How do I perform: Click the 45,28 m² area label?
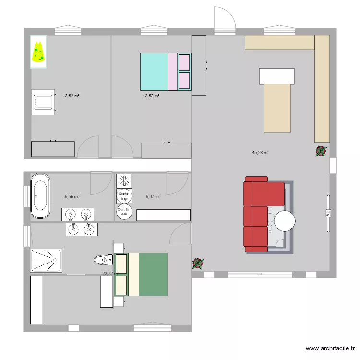(260, 153)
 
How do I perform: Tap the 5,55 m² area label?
(72, 196)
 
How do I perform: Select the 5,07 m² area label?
(153, 196)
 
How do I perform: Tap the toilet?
(102, 260)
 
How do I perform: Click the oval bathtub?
(40, 196)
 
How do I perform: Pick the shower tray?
(46, 261)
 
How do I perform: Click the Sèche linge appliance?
(124, 195)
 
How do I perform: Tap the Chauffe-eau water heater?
(124, 211)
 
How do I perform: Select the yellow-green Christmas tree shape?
(38, 53)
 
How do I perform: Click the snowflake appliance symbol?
(124, 181)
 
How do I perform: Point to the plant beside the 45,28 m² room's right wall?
(320, 152)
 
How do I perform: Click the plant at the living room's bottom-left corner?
(197, 264)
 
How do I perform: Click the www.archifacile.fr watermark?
(331, 349)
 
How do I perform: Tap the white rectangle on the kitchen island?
(276, 76)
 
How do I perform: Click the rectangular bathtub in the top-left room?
(42, 102)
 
